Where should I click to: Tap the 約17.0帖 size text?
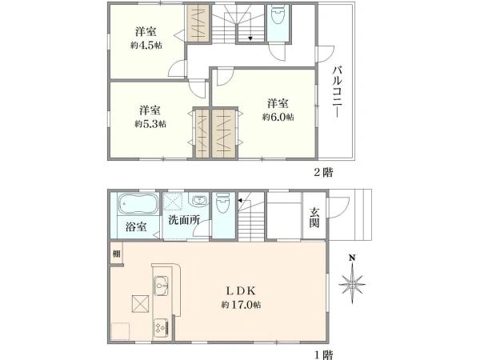(x=243, y=305)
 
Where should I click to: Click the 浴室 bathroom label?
(x=136, y=226)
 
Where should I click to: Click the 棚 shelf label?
(x=117, y=254)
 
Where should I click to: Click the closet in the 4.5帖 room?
(x=197, y=24)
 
